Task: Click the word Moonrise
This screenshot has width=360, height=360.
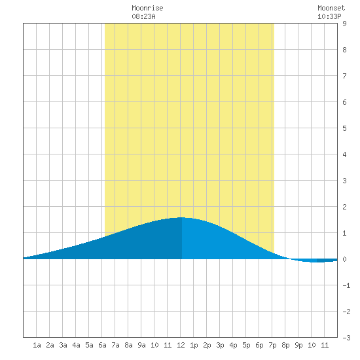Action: (147, 8)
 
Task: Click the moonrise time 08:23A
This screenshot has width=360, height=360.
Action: (143, 16)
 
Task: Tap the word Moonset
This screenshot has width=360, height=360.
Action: (331, 8)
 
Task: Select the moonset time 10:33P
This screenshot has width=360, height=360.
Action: (329, 16)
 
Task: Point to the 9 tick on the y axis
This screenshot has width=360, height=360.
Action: (344, 24)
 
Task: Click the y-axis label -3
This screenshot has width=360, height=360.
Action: (346, 338)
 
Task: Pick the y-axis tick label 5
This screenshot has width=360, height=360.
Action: (344, 128)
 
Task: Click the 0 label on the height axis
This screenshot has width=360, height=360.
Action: (344, 259)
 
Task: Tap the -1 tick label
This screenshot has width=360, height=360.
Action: (346, 285)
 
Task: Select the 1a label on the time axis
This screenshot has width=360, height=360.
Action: (37, 345)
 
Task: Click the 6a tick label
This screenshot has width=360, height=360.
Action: (102, 345)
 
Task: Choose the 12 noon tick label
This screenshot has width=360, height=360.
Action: (181, 345)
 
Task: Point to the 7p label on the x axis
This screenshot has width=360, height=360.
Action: (272, 345)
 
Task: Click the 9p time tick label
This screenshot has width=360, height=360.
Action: (298, 345)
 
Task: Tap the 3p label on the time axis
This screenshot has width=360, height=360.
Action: (220, 345)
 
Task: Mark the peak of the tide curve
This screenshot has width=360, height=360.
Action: (181, 217)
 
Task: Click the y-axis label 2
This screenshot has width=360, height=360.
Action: (344, 207)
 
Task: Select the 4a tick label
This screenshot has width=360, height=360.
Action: (76, 345)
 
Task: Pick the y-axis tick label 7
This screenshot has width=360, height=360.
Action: (344, 76)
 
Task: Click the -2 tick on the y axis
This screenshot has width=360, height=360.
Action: (346, 312)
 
